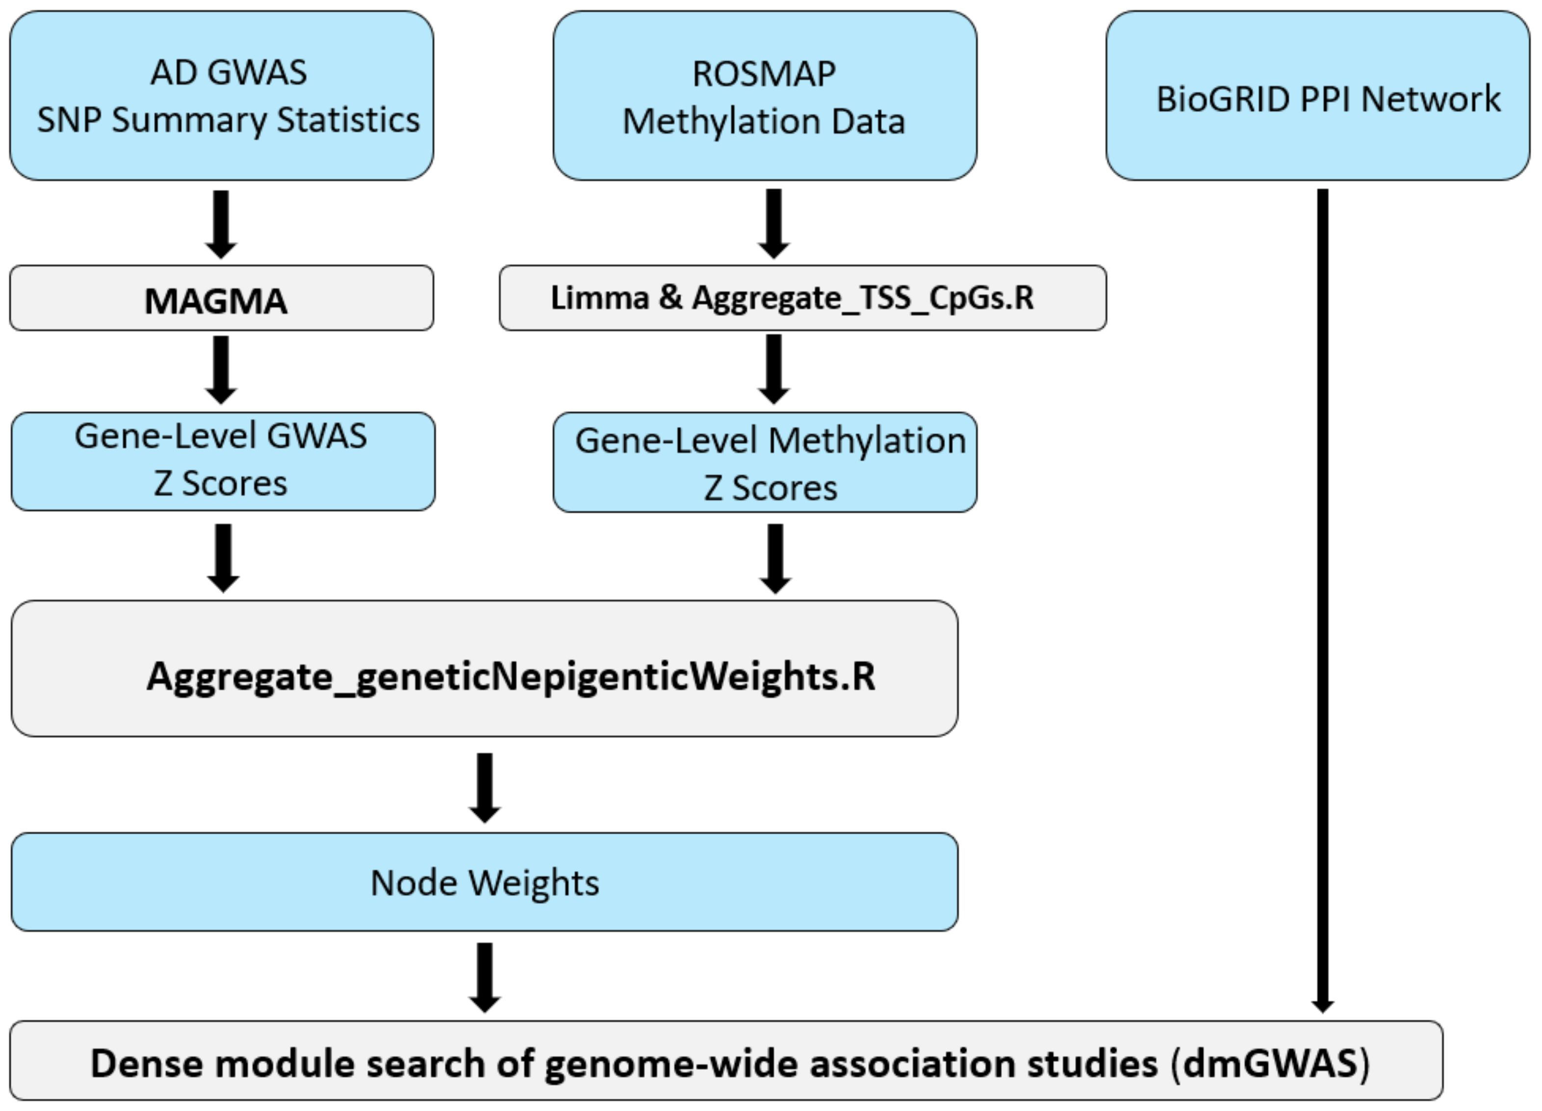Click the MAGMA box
point(221,299)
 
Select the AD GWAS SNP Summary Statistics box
point(221,95)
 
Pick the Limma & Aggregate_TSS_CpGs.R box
point(802,298)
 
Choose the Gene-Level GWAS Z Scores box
point(222,461)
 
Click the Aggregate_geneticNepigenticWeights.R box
point(484,667)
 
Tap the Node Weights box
point(484,882)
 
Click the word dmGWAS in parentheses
point(1269,1063)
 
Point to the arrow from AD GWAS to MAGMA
point(221,223)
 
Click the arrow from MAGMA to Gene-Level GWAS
point(221,370)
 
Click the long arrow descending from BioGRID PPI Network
point(1322,599)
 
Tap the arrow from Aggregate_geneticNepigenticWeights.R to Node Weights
point(484,787)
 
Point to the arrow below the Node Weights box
point(484,976)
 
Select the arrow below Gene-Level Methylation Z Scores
point(775,558)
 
